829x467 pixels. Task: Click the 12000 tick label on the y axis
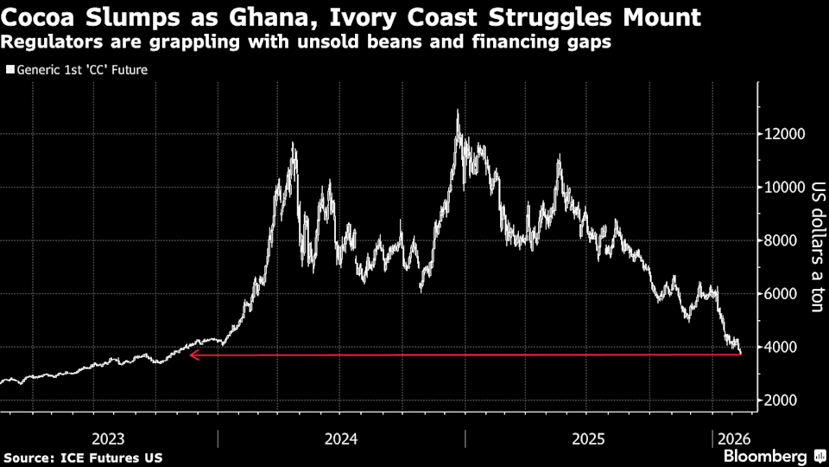(x=782, y=134)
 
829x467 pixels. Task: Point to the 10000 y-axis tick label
(x=782, y=188)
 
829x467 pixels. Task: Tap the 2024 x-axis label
(x=341, y=438)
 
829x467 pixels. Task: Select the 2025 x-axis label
(x=587, y=438)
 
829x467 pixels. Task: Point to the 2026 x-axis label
(x=731, y=438)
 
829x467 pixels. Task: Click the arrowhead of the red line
(x=193, y=355)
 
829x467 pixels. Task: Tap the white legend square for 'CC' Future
(x=9, y=70)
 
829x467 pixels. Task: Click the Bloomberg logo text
(x=764, y=456)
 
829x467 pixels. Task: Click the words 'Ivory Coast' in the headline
(x=372, y=17)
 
